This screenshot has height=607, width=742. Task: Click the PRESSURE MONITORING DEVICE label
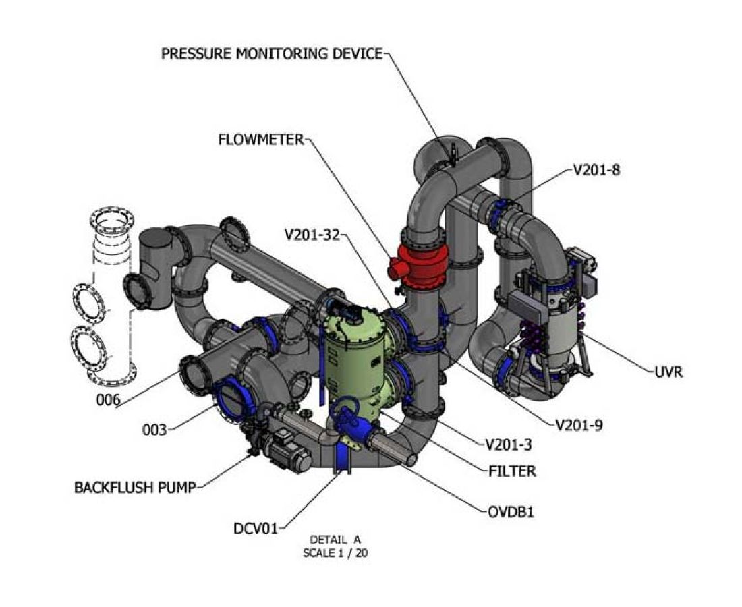[x=272, y=53]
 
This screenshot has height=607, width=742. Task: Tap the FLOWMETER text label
[x=262, y=140]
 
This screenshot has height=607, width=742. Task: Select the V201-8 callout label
[x=596, y=170]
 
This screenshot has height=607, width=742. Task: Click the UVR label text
[x=668, y=372]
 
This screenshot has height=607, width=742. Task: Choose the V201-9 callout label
[x=579, y=425]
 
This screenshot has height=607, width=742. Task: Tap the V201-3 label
[x=509, y=444]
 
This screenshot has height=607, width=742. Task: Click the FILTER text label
[x=512, y=471]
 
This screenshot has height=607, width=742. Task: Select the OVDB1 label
[x=511, y=511]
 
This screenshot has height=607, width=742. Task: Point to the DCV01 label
[x=254, y=528]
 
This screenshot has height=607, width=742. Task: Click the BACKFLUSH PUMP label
[x=135, y=486]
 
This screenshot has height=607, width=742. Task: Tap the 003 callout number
[x=154, y=430]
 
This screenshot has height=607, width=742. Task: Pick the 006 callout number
[x=108, y=400]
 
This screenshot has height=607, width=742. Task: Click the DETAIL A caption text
[x=335, y=540]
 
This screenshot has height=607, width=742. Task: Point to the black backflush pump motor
[x=287, y=448]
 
